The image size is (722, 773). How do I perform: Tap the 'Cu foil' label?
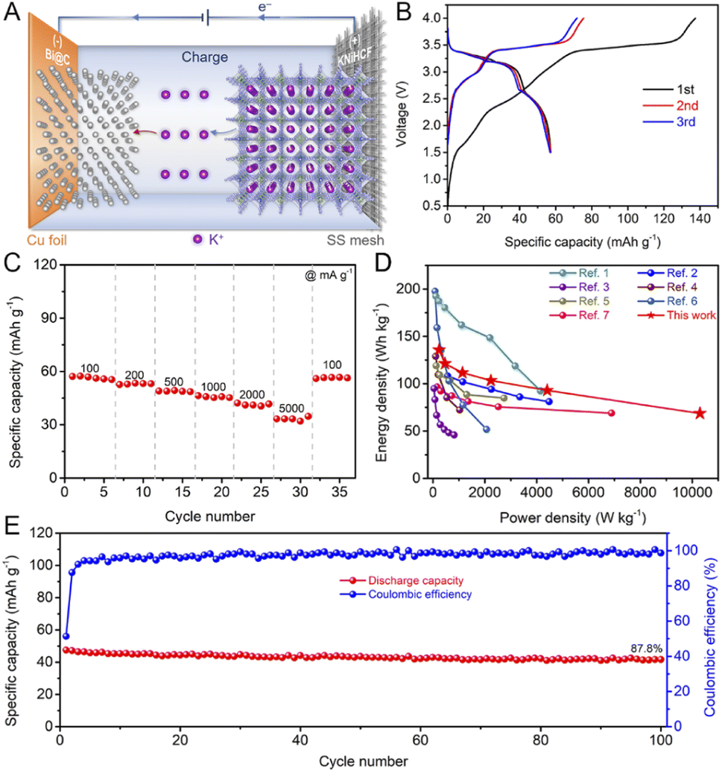click(x=50, y=240)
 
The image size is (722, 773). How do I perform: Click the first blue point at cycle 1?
click(x=66, y=636)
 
